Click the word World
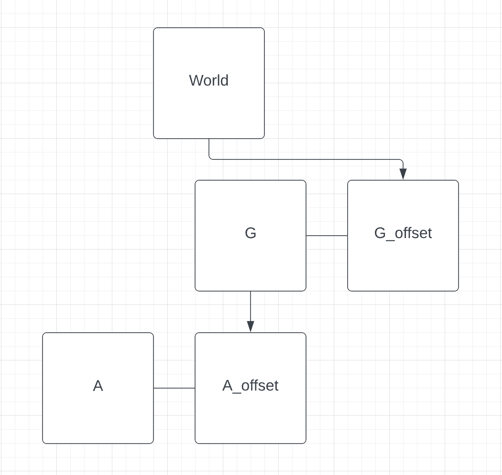click(x=208, y=80)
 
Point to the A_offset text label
click(x=250, y=385)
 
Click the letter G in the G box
click(x=250, y=233)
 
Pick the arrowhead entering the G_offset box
click(x=403, y=174)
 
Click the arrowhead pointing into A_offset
click(x=251, y=326)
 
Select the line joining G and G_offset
click(x=326, y=236)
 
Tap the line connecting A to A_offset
click(x=174, y=388)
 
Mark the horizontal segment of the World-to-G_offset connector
click(x=305, y=159)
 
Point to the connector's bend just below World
click(x=210, y=158)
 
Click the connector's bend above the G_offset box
click(x=402, y=160)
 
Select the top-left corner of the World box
click(x=154, y=29)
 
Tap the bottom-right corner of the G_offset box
click(x=458, y=290)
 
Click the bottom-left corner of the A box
click(x=43, y=443)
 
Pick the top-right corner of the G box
click(x=305, y=181)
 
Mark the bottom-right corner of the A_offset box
click(x=305, y=443)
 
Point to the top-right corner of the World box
click(x=263, y=29)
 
